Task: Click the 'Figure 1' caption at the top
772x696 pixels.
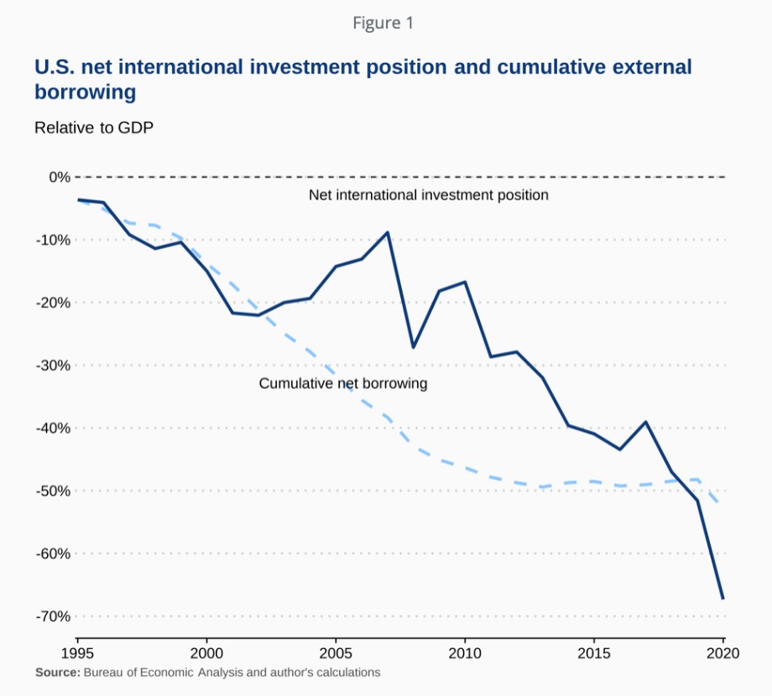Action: tap(383, 23)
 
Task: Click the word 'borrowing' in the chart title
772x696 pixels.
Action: tap(85, 92)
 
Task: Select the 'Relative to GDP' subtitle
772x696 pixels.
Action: tap(94, 128)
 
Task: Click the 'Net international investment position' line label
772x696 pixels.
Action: tap(428, 195)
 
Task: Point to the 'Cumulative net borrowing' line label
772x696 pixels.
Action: tap(343, 384)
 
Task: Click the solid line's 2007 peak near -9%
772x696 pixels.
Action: tap(388, 232)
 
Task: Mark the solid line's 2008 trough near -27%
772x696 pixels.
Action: tap(413, 347)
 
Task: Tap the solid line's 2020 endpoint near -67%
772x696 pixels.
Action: tap(722, 598)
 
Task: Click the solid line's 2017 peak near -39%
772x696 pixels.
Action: tap(645, 422)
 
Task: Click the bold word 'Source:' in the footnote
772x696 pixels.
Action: tap(57, 673)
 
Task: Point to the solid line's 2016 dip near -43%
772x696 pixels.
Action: tap(619, 449)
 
